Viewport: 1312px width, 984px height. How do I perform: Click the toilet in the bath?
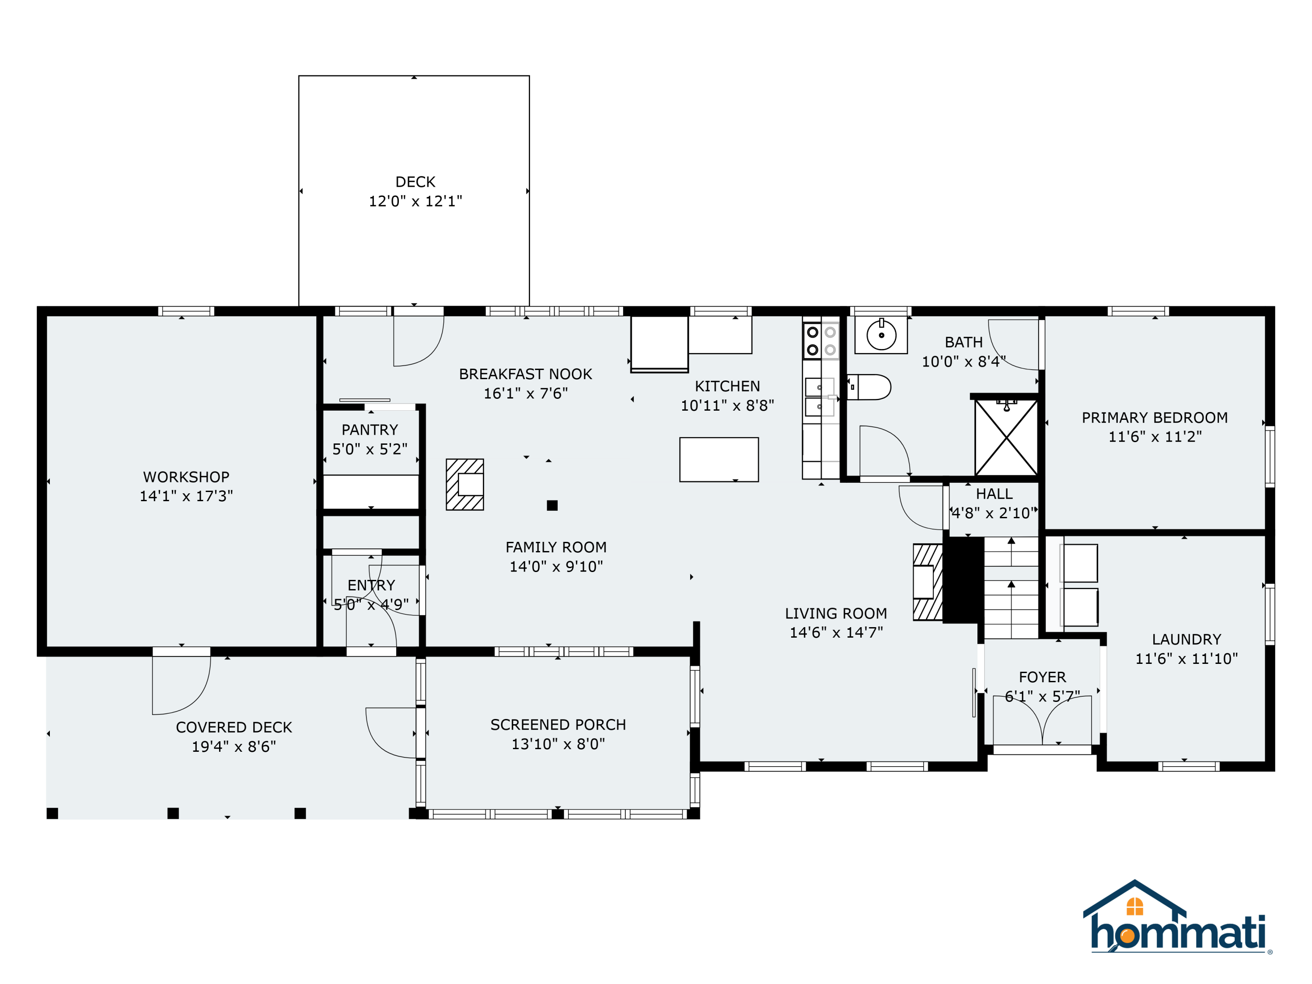point(869,387)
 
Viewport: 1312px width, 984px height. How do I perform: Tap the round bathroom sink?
point(881,335)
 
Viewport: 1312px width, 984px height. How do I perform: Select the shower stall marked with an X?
point(1007,438)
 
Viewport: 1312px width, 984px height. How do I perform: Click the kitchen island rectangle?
point(719,460)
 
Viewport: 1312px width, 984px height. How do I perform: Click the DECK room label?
point(415,182)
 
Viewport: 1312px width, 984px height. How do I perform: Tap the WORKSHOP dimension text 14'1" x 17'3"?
point(186,496)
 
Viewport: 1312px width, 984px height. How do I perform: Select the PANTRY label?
point(370,430)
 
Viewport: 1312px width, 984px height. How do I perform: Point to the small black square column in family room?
point(552,506)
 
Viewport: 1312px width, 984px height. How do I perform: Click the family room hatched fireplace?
point(465,485)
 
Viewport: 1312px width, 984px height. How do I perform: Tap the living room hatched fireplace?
point(928,582)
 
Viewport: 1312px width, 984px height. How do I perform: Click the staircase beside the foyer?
point(1011,587)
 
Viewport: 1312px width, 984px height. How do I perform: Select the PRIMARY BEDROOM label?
point(1155,418)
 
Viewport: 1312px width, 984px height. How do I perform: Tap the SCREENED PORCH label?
point(558,725)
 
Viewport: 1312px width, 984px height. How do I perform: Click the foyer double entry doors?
point(1042,721)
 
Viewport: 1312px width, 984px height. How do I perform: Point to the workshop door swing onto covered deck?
point(181,685)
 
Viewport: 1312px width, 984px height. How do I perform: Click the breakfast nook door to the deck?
point(419,341)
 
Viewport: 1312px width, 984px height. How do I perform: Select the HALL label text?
point(994,494)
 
